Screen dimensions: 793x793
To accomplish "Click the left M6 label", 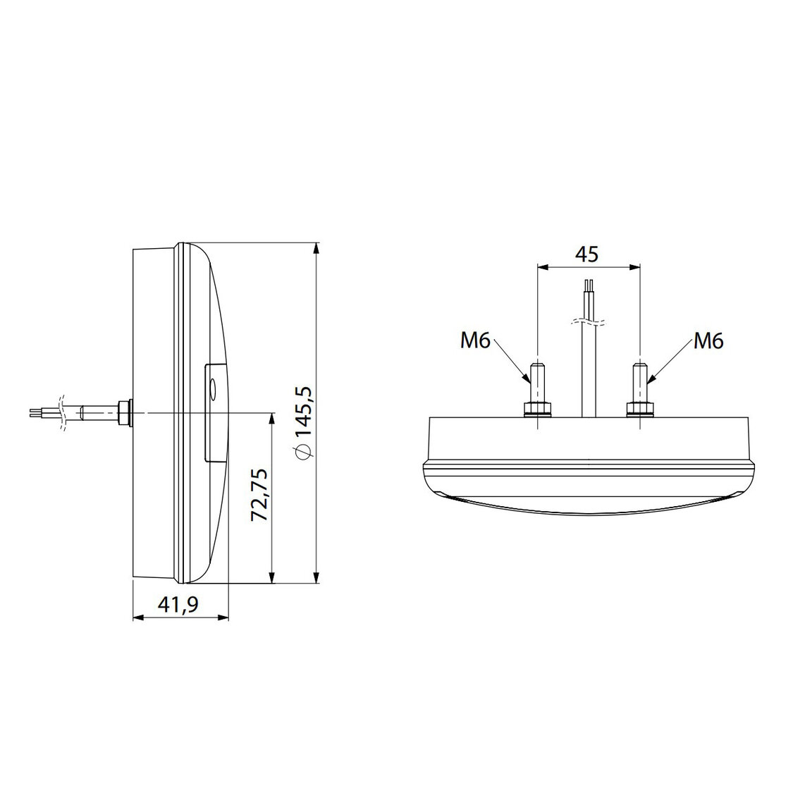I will click(475, 341).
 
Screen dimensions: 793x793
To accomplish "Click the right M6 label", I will click(708, 341).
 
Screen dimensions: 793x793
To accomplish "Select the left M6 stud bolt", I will click(537, 381).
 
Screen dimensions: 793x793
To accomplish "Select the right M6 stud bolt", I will click(640, 381).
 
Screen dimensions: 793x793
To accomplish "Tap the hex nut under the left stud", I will click(537, 409).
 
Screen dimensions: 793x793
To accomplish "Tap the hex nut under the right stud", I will click(640, 409).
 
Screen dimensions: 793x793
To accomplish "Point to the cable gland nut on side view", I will click(126, 412).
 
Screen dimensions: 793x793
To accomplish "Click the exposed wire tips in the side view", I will click(37, 412).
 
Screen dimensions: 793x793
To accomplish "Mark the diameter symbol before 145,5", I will click(304, 452).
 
